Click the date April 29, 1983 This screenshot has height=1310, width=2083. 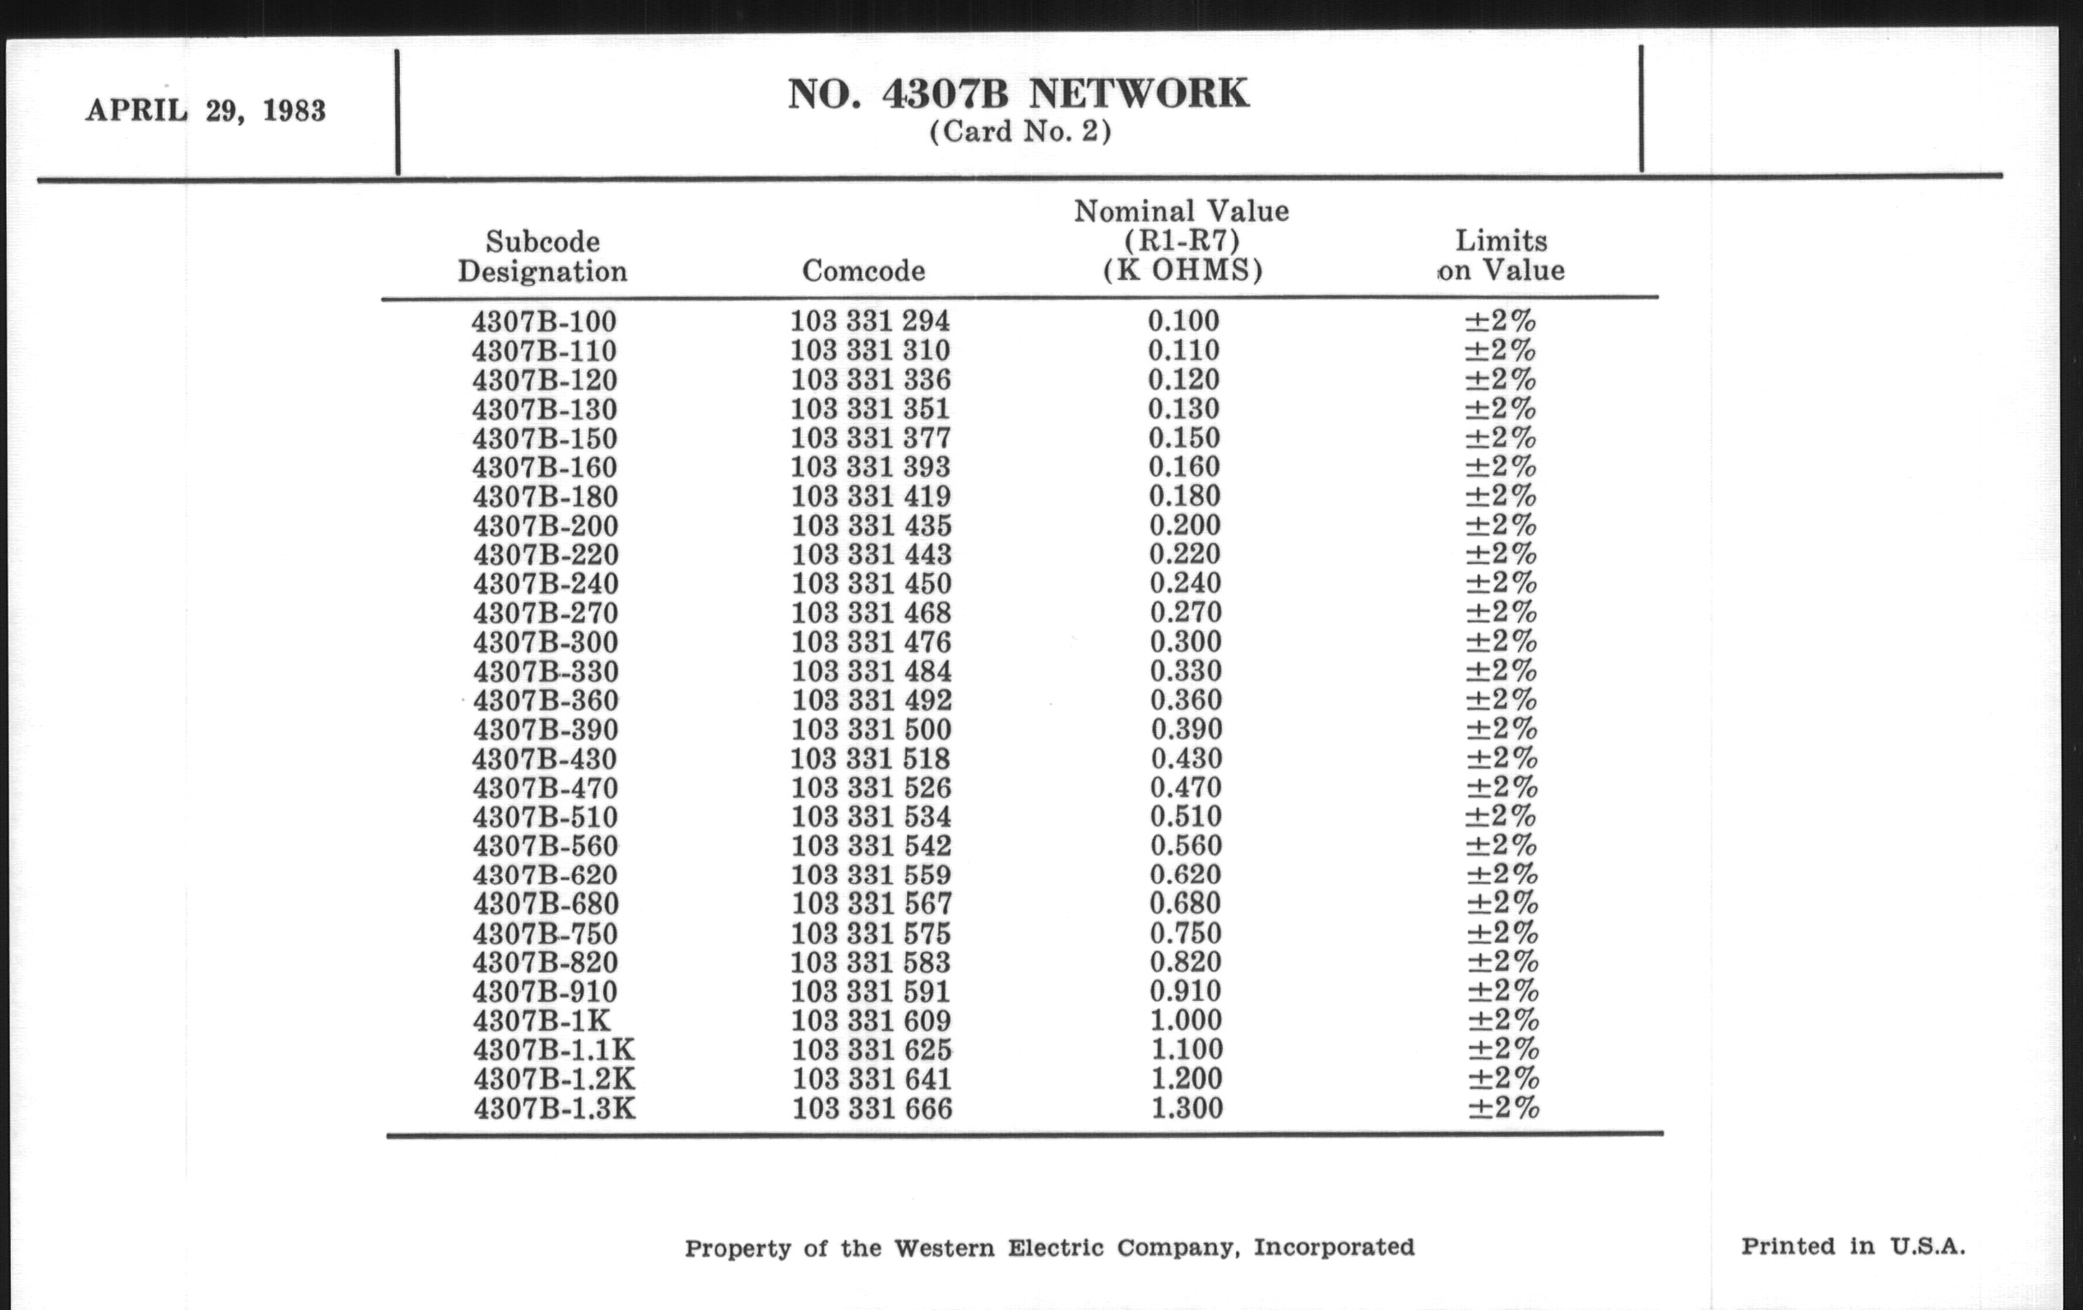point(205,110)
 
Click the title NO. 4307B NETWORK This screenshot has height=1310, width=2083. point(1018,94)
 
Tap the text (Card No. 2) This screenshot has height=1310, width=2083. point(1020,132)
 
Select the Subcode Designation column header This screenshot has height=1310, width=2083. point(542,256)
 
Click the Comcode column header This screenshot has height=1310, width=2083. point(863,271)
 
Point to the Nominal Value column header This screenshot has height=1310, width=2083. point(1182,241)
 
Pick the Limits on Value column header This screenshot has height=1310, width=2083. point(1501,255)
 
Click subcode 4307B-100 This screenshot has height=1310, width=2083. point(544,322)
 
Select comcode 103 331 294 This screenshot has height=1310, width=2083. point(869,321)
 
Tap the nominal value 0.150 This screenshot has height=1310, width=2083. point(1185,438)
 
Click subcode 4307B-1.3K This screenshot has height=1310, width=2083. point(554,1109)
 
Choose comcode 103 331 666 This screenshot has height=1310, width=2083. point(872,1109)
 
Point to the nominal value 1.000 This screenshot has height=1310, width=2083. point(1186,1021)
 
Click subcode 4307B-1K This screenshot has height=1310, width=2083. point(541,1021)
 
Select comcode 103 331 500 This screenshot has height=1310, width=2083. point(871,729)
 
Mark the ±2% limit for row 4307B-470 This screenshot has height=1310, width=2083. point(1502,787)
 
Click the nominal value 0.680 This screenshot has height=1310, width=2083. point(1185,903)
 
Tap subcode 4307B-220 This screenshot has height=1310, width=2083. point(545,554)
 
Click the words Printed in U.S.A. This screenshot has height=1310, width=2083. point(1853,1246)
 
